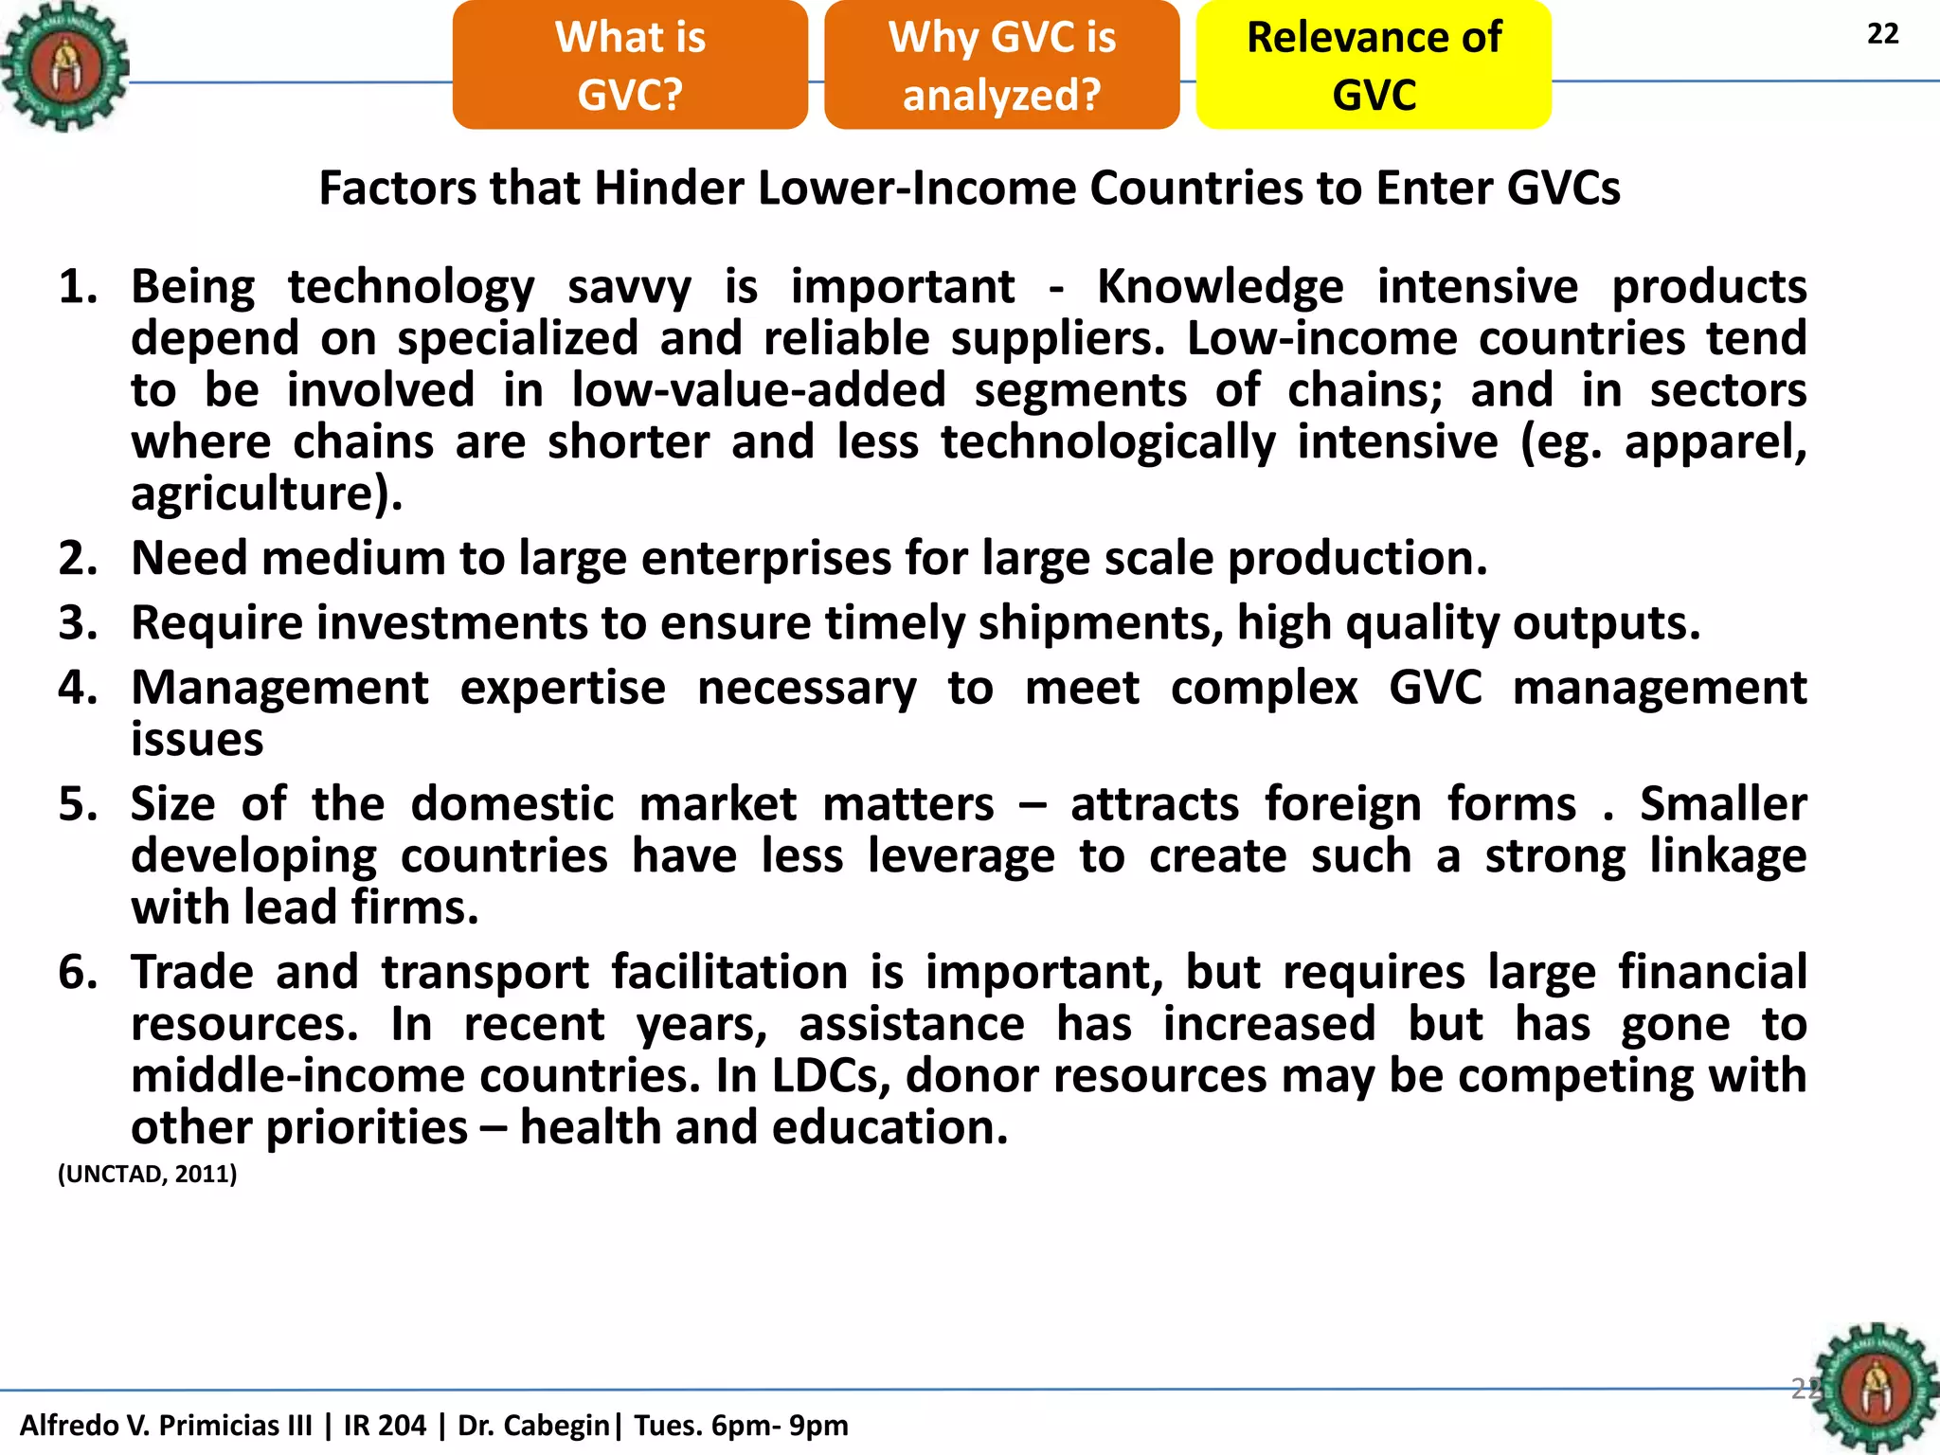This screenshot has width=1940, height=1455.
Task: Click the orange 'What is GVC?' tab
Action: point(630,65)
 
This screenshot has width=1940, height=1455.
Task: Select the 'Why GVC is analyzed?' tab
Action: point(1001,65)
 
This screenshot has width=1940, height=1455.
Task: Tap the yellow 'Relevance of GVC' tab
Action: point(1374,65)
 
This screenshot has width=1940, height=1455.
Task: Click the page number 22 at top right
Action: point(1882,34)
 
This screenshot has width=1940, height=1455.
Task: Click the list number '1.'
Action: point(79,287)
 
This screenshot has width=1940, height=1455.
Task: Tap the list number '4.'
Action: point(79,688)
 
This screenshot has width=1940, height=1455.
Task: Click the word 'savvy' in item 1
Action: point(629,287)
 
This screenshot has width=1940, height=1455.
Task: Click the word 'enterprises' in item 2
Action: point(765,558)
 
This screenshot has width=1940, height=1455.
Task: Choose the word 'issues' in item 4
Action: point(197,740)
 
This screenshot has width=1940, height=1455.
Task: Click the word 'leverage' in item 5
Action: point(961,856)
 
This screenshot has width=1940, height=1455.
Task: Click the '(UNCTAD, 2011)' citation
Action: point(148,1175)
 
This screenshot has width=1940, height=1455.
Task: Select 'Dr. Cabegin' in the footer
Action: point(533,1425)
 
